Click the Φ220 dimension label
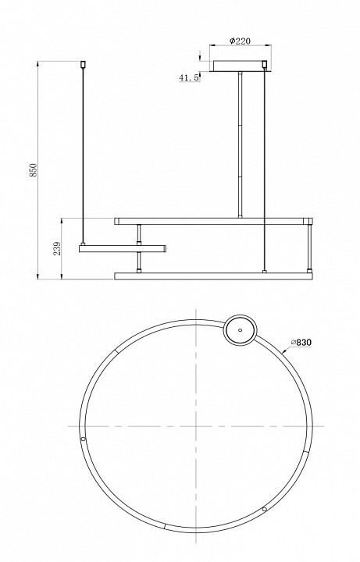point(240,41)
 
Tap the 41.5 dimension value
point(189,77)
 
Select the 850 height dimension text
point(34,170)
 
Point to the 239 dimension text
point(57,249)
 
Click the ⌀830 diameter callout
point(301,343)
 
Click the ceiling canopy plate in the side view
point(240,66)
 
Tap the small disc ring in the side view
point(123,248)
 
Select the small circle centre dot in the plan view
point(240,330)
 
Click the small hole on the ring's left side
point(84,439)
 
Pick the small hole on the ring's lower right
point(265,509)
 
